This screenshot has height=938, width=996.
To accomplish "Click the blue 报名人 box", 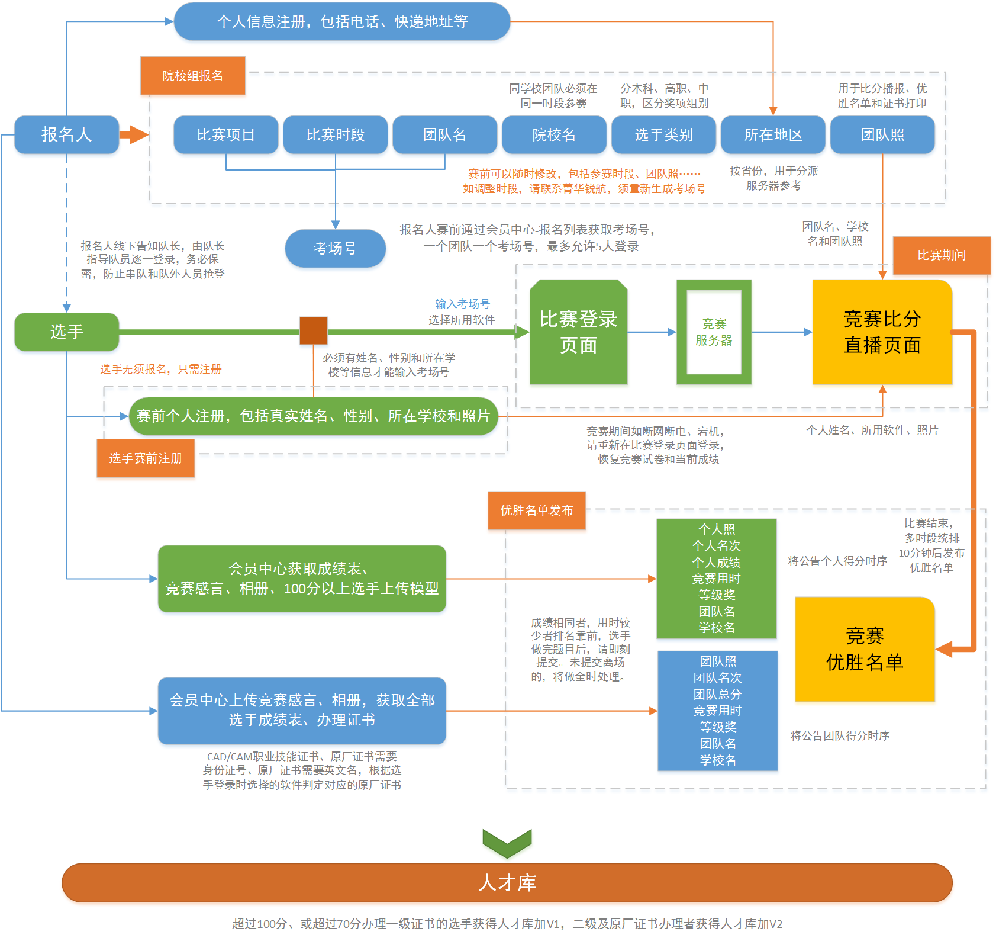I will [x=66, y=134].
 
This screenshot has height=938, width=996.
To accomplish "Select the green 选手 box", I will [x=66, y=332].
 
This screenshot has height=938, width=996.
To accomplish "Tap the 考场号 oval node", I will [x=335, y=248].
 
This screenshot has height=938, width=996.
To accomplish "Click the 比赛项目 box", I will [x=225, y=134].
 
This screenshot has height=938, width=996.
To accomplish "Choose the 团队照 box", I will [x=882, y=134].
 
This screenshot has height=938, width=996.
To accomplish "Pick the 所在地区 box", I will [x=773, y=134].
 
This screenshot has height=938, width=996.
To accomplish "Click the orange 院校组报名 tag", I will [x=192, y=76].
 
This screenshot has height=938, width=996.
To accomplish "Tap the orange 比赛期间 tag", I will [x=941, y=255].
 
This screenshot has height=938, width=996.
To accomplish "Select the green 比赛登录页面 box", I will [x=578, y=332].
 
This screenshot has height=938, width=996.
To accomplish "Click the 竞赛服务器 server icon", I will [x=714, y=332].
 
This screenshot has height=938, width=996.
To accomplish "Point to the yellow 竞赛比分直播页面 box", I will [x=882, y=332].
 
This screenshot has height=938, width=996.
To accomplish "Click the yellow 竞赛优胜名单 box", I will [x=865, y=649].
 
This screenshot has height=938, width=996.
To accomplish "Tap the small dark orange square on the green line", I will [x=314, y=330].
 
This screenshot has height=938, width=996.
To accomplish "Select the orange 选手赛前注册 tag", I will [x=146, y=458].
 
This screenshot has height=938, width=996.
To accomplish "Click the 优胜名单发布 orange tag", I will [x=536, y=510].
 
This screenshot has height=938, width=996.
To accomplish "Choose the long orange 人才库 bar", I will [x=507, y=882].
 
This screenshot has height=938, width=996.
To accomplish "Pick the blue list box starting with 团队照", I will [x=717, y=711].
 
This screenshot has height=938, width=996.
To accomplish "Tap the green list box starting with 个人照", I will [x=716, y=579].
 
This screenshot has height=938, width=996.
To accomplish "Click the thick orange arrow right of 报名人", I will [x=134, y=134].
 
